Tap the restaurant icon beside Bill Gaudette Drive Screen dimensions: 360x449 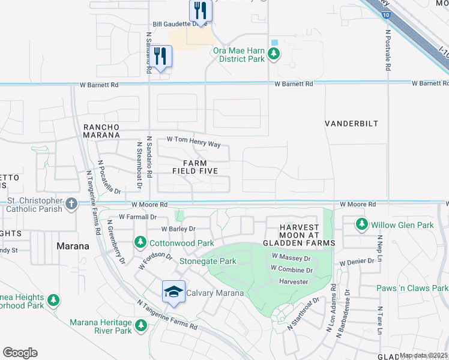point(200,10)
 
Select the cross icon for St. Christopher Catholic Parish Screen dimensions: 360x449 point(71,204)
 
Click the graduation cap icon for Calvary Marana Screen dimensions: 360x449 point(173,292)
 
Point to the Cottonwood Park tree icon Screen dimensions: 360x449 point(140,243)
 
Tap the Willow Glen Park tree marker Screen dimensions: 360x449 point(361,224)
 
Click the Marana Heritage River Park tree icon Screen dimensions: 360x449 point(141,326)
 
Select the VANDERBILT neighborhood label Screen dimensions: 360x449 point(351,123)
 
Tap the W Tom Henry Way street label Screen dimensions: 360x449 point(193,139)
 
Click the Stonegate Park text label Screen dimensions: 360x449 point(208,262)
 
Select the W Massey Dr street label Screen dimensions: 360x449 point(291,258)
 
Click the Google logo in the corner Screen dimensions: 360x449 point(20,353)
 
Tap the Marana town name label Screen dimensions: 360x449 point(73,246)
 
